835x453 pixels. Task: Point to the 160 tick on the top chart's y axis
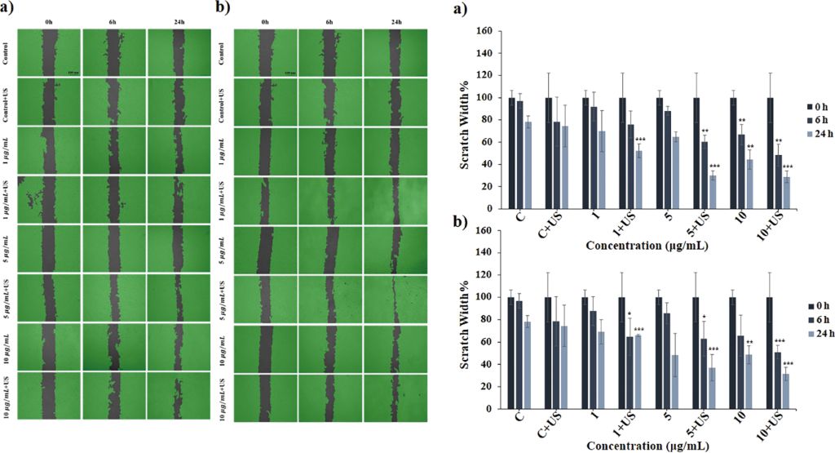coord(482,31)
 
